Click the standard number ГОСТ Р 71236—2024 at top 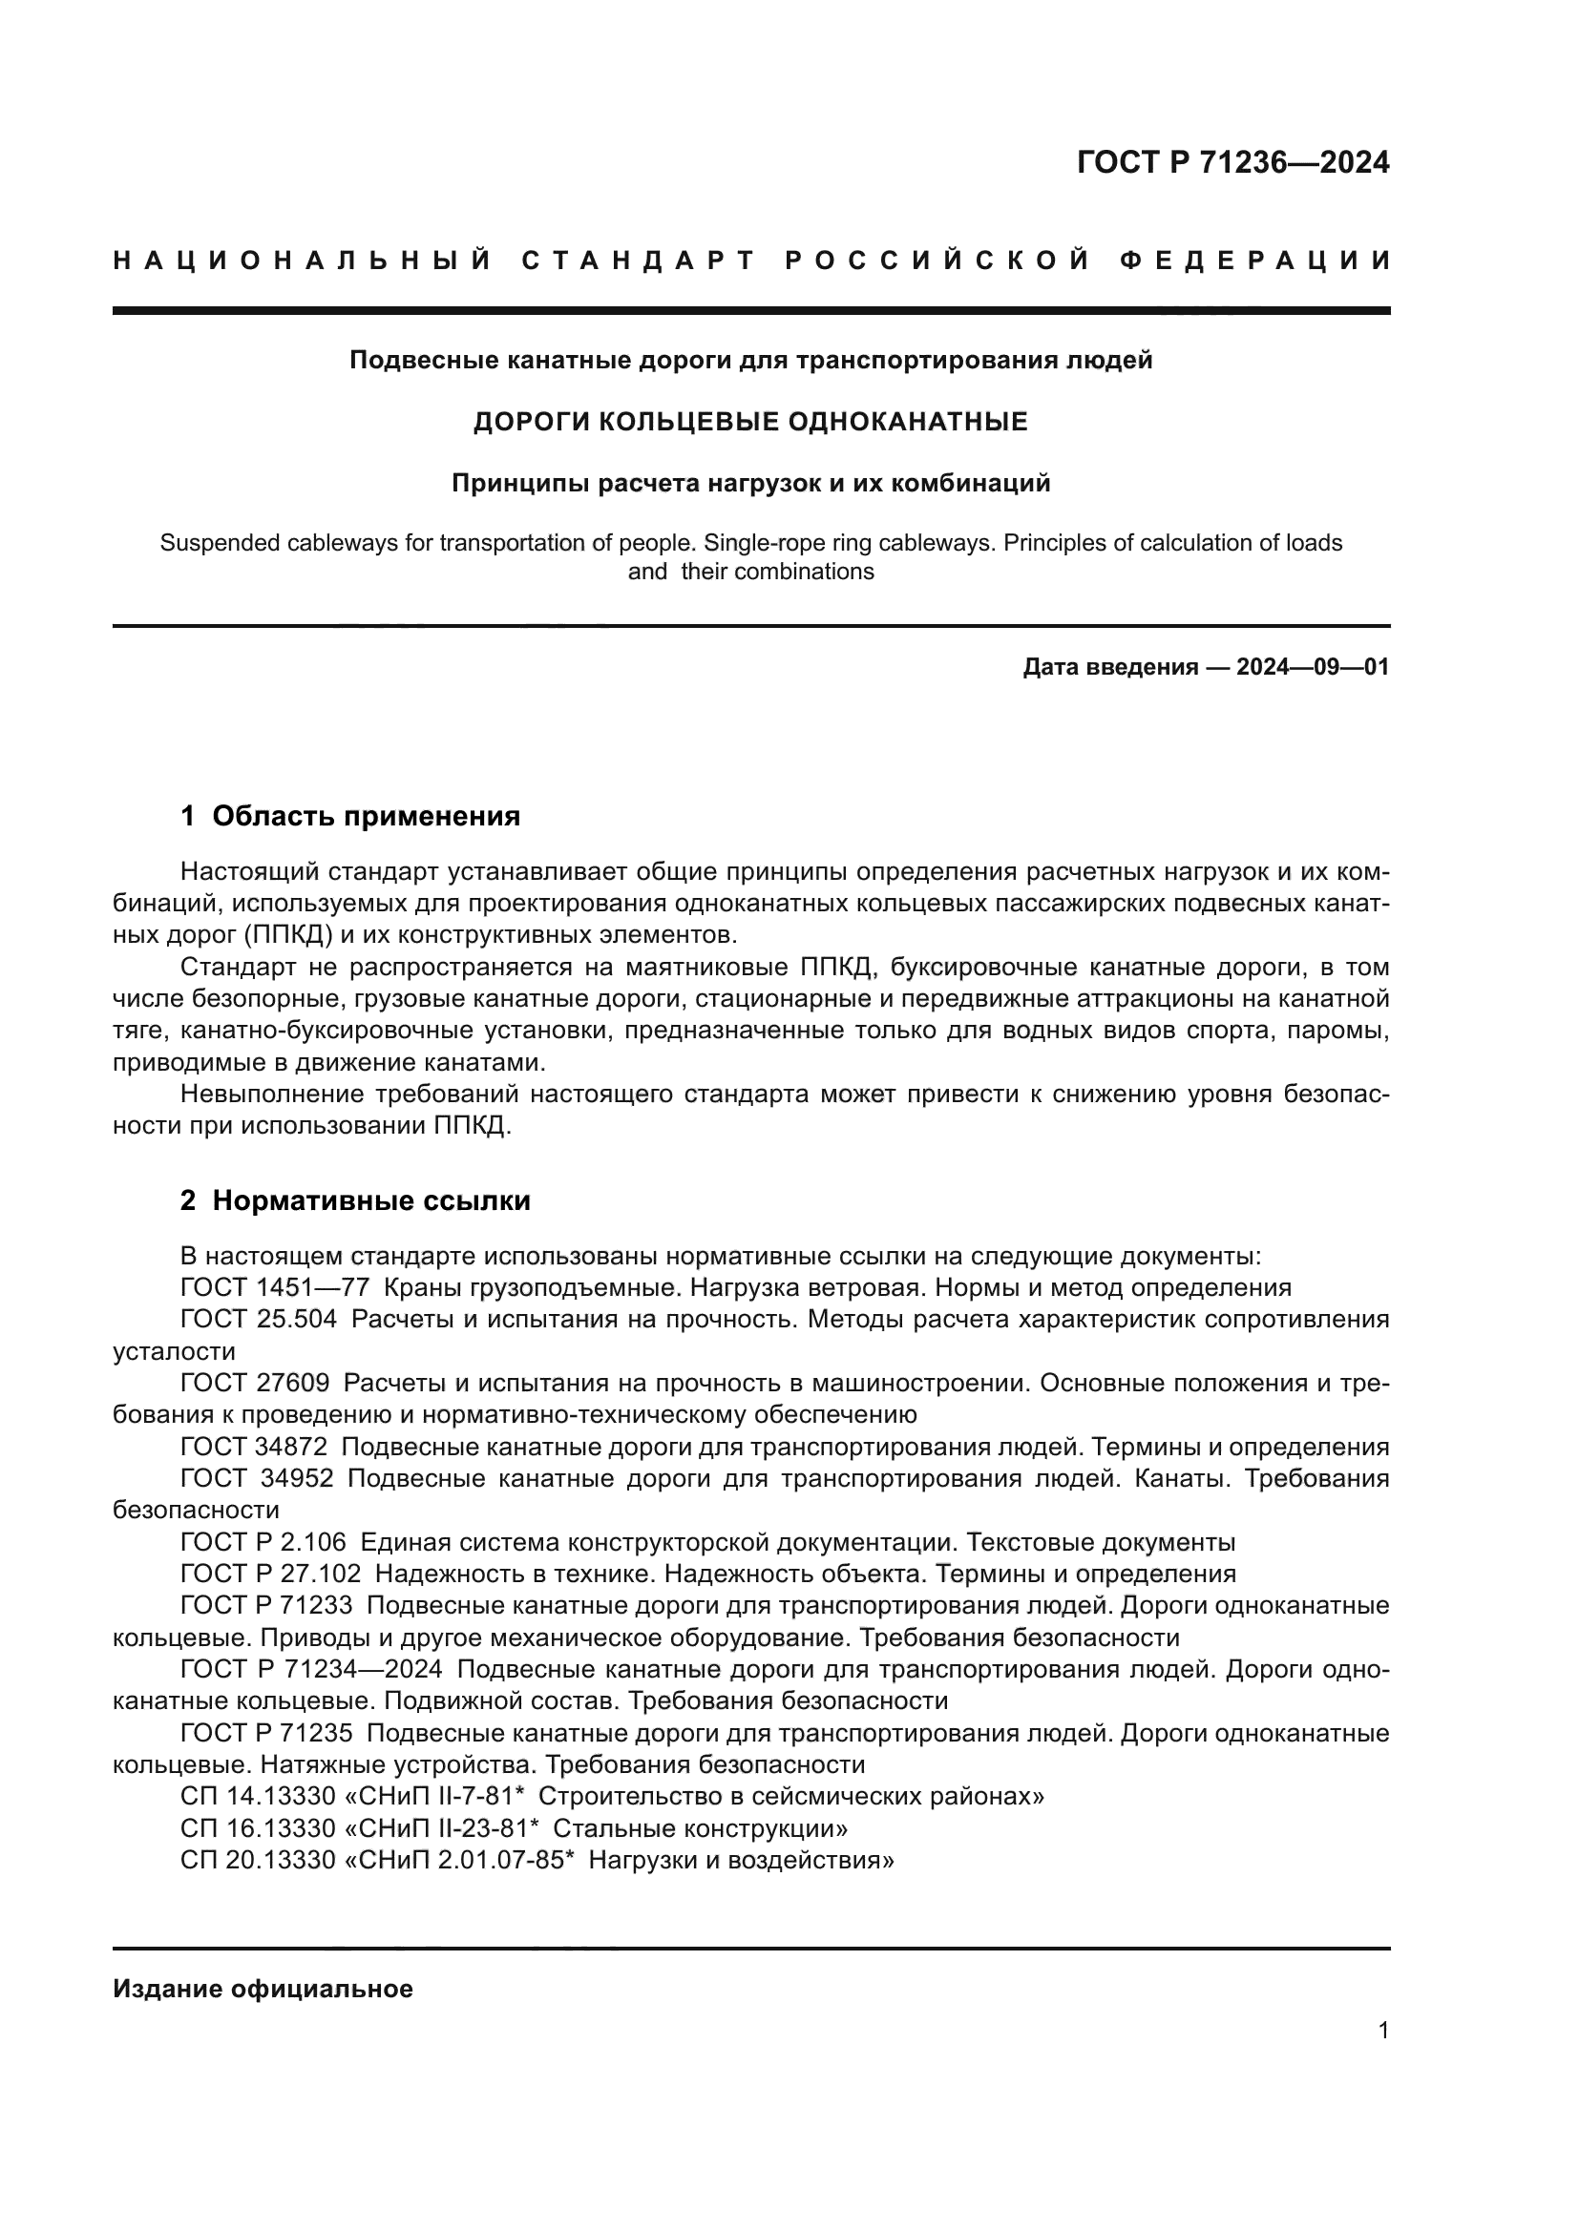[1232, 162]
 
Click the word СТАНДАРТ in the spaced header [639, 261]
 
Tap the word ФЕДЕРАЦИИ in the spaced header [1255, 261]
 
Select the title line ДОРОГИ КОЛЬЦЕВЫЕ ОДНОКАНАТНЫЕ [749, 422]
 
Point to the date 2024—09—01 [1312, 667]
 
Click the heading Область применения [366, 816]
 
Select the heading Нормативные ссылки [371, 1200]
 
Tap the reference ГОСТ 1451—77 [274, 1288]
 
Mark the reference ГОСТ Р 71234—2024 [311, 1669]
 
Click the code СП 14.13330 [258, 1797]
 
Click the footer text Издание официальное [263, 1989]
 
